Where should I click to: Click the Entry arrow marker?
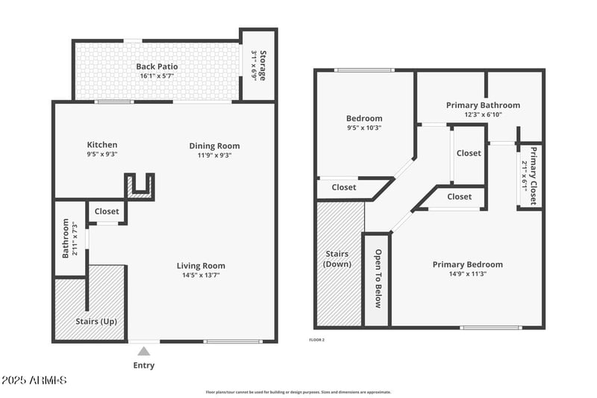click(x=144, y=350)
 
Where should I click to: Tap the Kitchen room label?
click(x=102, y=145)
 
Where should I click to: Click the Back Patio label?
click(x=156, y=66)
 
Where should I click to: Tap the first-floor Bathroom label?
click(x=66, y=238)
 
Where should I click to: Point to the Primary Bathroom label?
click(x=483, y=105)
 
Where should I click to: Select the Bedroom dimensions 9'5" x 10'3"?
click(x=364, y=128)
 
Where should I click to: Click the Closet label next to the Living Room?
click(x=107, y=212)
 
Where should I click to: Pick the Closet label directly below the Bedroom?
click(x=344, y=187)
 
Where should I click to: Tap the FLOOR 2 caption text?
click(x=317, y=340)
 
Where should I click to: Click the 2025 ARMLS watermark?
click(x=34, y=381)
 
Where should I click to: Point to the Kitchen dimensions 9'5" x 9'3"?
click(x=102, y=155)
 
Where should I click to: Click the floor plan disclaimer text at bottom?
click(x=298, y=392)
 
